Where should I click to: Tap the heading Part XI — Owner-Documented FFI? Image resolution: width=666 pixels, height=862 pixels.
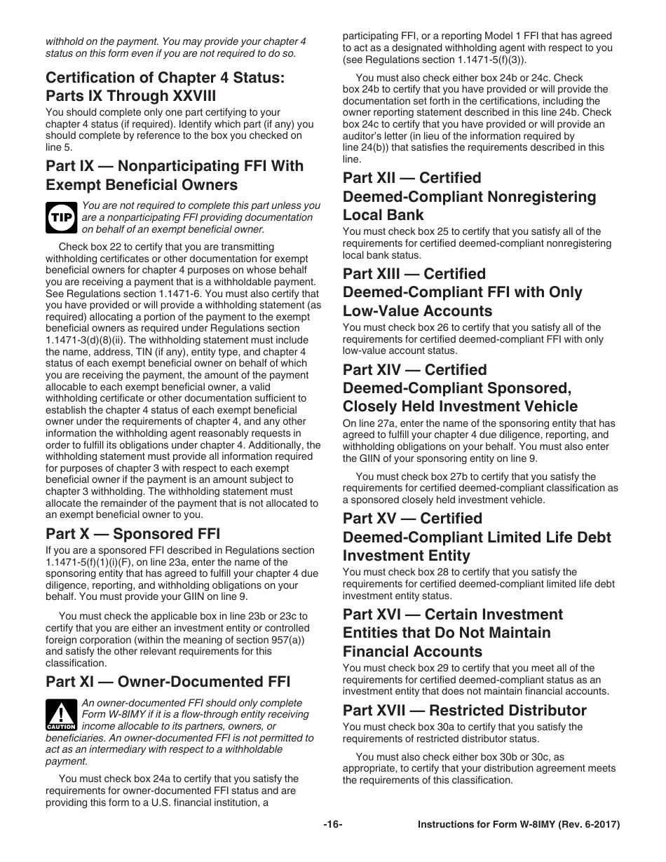point(168,682)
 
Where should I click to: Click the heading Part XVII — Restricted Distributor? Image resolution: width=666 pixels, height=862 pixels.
point(464,710)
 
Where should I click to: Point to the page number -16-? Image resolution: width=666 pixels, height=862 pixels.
point(332,825)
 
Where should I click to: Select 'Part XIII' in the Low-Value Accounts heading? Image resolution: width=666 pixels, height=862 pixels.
point(372,274)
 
